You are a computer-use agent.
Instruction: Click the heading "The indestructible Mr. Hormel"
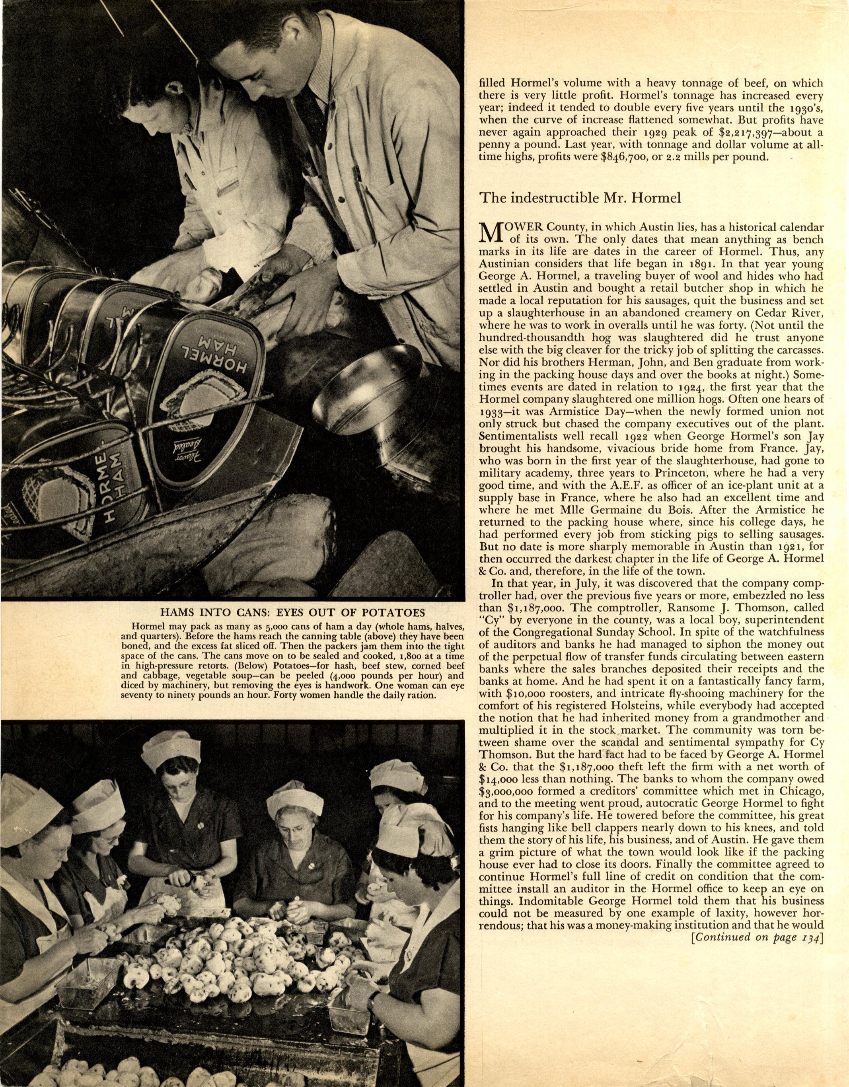(x=579, y=198)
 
